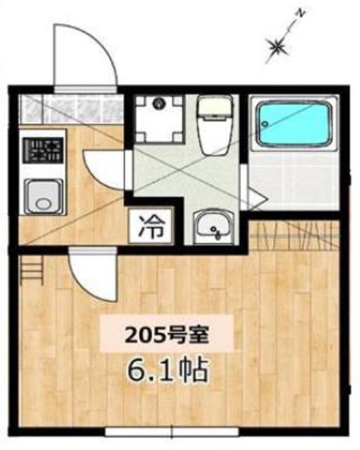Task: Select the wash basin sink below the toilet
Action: coord(212,225)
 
